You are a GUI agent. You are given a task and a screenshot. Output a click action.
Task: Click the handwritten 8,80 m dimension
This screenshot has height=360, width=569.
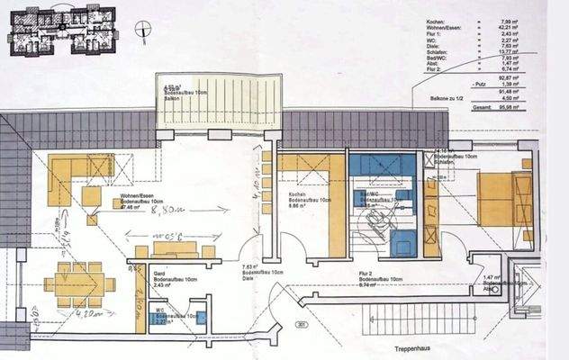coord(169,211)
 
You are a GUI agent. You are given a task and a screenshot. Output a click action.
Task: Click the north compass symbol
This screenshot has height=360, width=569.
coord(141,30)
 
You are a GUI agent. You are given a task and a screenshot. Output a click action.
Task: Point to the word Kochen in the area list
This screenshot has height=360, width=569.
coord(436,20)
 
